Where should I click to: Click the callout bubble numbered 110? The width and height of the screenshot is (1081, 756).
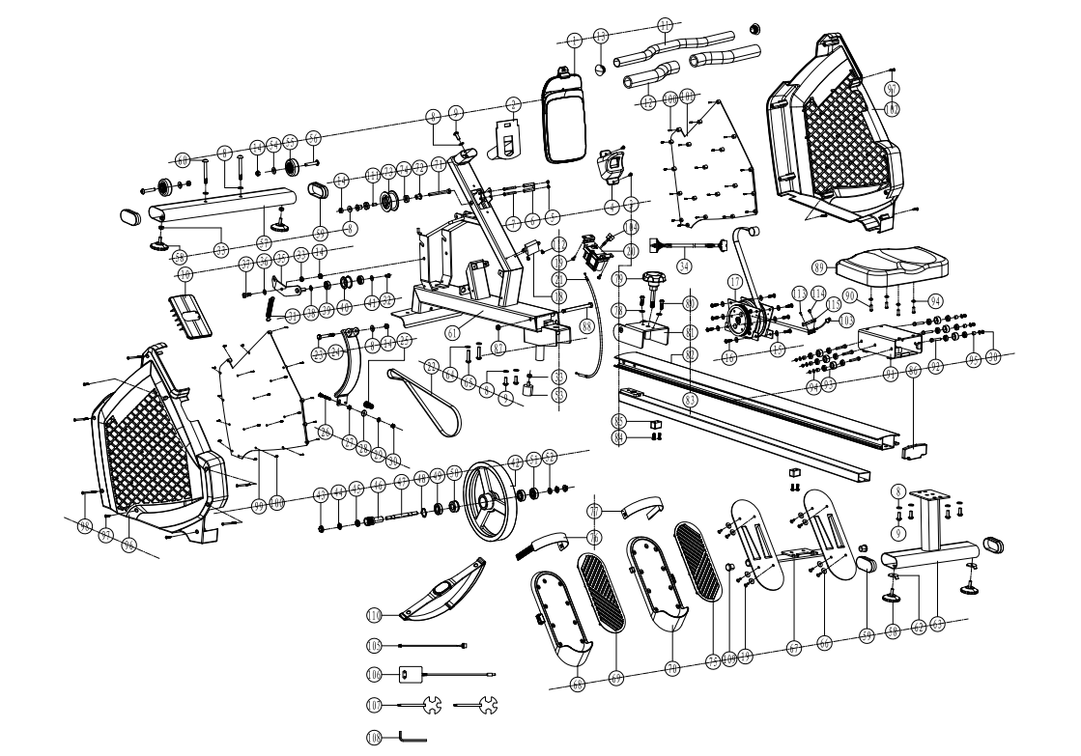(x=374, y=613)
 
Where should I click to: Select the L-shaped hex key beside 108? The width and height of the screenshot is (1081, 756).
(x=414, y=739)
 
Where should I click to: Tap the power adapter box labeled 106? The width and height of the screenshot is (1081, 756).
(x=410, y=675)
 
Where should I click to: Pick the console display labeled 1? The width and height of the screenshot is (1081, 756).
(x=564, y=118)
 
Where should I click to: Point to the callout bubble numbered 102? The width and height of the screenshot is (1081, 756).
(x=893, y=109)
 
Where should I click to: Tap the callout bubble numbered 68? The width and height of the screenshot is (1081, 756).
(x=577, y=685)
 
